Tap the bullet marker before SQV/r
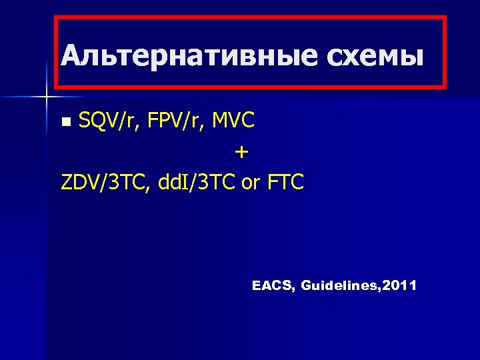(x=65, y=121)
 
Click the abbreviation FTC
(x=285, y=181)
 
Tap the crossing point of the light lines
(x=47, y=97)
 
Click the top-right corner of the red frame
(x=444, y=19)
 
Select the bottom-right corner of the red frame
(x=444, y=87)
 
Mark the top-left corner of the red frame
(x=55, y=19)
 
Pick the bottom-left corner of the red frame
(x=55, y=87)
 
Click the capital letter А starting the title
(x=69, y=55)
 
